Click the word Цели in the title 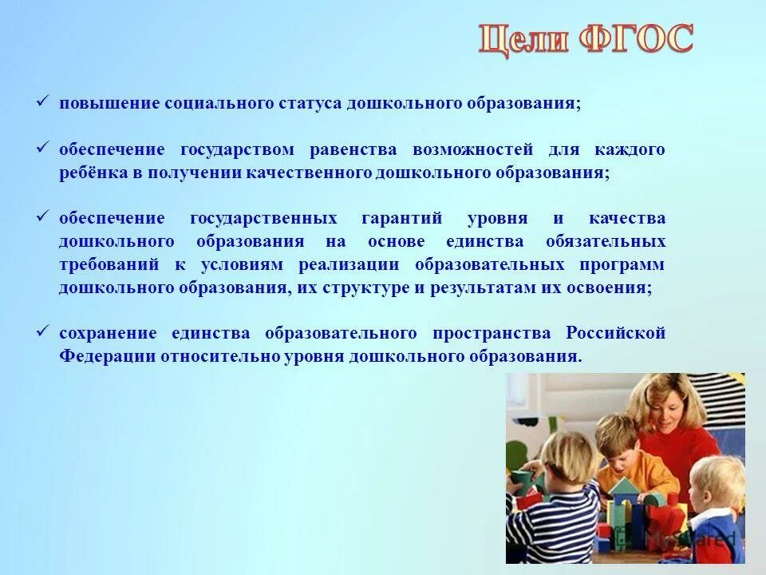point(523,40)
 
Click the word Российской point(615,333)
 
